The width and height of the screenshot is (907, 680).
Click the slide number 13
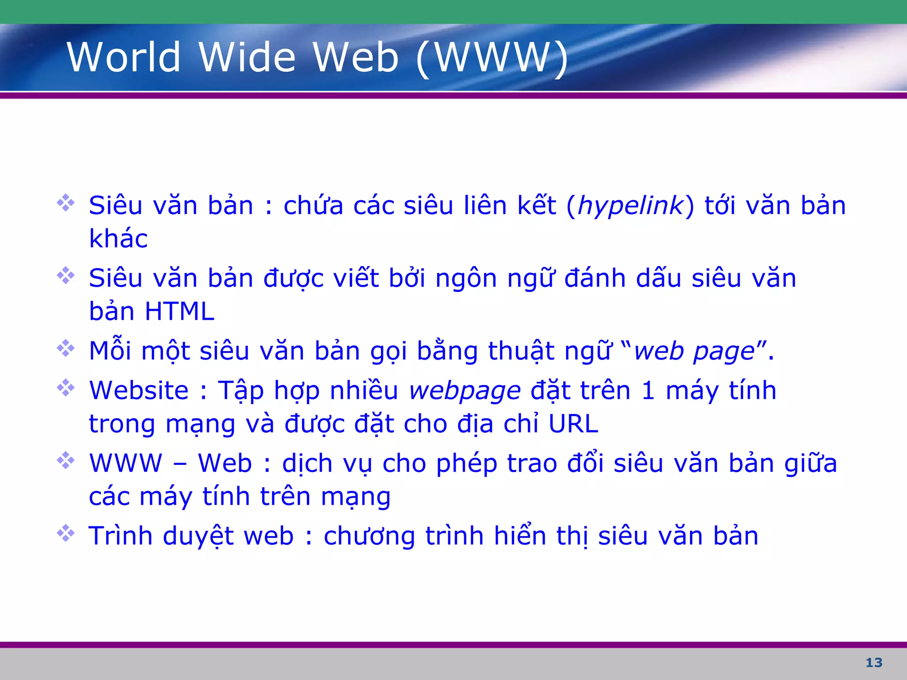pyautogui.click(x=874, y=663)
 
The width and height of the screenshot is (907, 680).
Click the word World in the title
pyautogui.click(x=124, y=57)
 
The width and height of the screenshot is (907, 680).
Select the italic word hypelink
pyautogui.click(x=631, y=206)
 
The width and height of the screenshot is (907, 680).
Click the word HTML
pyautogui.click(x=180, y=311)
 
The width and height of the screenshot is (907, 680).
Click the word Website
pyautogui.click(x=139, y=390)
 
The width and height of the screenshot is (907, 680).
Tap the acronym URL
pyautogui.click(x=574, y=424)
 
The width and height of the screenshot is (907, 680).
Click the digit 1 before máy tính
pyautogui.click(x=648, y=390)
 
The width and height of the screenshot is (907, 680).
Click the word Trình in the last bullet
pyautogui.click(x=120, y=536)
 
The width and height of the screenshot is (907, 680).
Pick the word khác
pyautogui.click(x=118, y=239)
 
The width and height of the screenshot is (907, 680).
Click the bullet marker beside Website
pyautogui.click(x=66, y=388)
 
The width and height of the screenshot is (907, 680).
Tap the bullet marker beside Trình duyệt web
pyautogui.click(x=66, y=533)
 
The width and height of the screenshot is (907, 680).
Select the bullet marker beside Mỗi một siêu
pyautogui.click(x=66, y=348)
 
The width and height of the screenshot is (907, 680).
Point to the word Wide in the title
pyautogui.click(x=247, y=57)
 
